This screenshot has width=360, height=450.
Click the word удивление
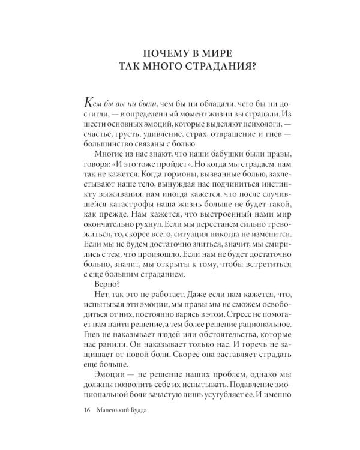click(159, 138)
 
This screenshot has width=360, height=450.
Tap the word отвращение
click(232, 138)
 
